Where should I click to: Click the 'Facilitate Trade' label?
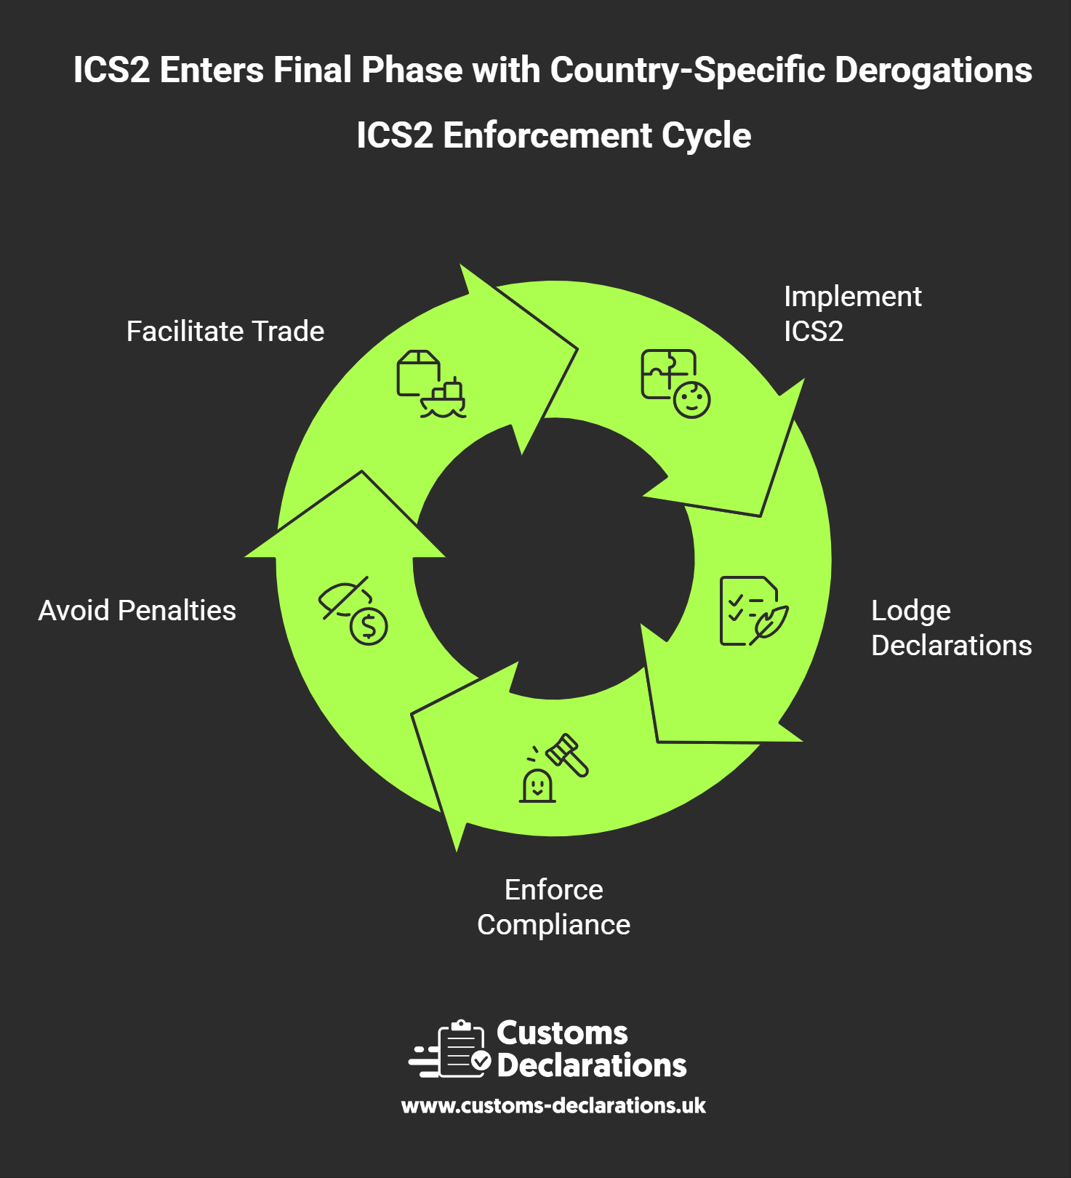(x=225, y=332)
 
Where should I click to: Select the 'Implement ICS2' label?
(x=851, y=314)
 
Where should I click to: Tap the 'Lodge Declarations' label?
(x=950, y=628)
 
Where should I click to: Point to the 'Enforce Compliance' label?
(x=553, y=907)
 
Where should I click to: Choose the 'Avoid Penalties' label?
(x=137, y=611)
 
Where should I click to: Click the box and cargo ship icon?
(x=430, y=384)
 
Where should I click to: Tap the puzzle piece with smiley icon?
(x=675, y=383)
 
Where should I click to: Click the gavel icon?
(x=568, y=754)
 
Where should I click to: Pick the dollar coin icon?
(x=369, y=626)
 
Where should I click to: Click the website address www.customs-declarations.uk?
(x=553, y=1106)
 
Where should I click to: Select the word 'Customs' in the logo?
(x=562, y=1033)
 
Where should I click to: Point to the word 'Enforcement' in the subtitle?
(x=547, y=136)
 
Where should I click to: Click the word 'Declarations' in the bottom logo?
(x=591, y=1065)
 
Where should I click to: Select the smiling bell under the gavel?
(x=537, y=785)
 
